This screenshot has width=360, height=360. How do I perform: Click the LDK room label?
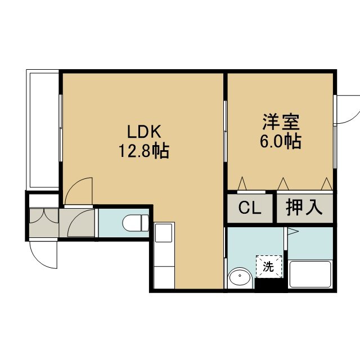pos(144,131)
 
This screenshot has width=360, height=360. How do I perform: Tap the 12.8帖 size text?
pos(144,151)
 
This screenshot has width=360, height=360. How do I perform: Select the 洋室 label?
pos(281,121)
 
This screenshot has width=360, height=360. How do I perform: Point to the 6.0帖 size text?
pos(281,141)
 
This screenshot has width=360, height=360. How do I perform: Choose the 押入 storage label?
pos(304,208)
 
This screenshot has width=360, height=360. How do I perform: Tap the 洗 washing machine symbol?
pos(269,267)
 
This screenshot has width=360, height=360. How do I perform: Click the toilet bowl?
pos(136,223)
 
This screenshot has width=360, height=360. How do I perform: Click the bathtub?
pos(310,274)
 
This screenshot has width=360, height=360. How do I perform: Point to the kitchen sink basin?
pos(164,233)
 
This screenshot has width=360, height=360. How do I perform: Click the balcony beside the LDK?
pos(43,130)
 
